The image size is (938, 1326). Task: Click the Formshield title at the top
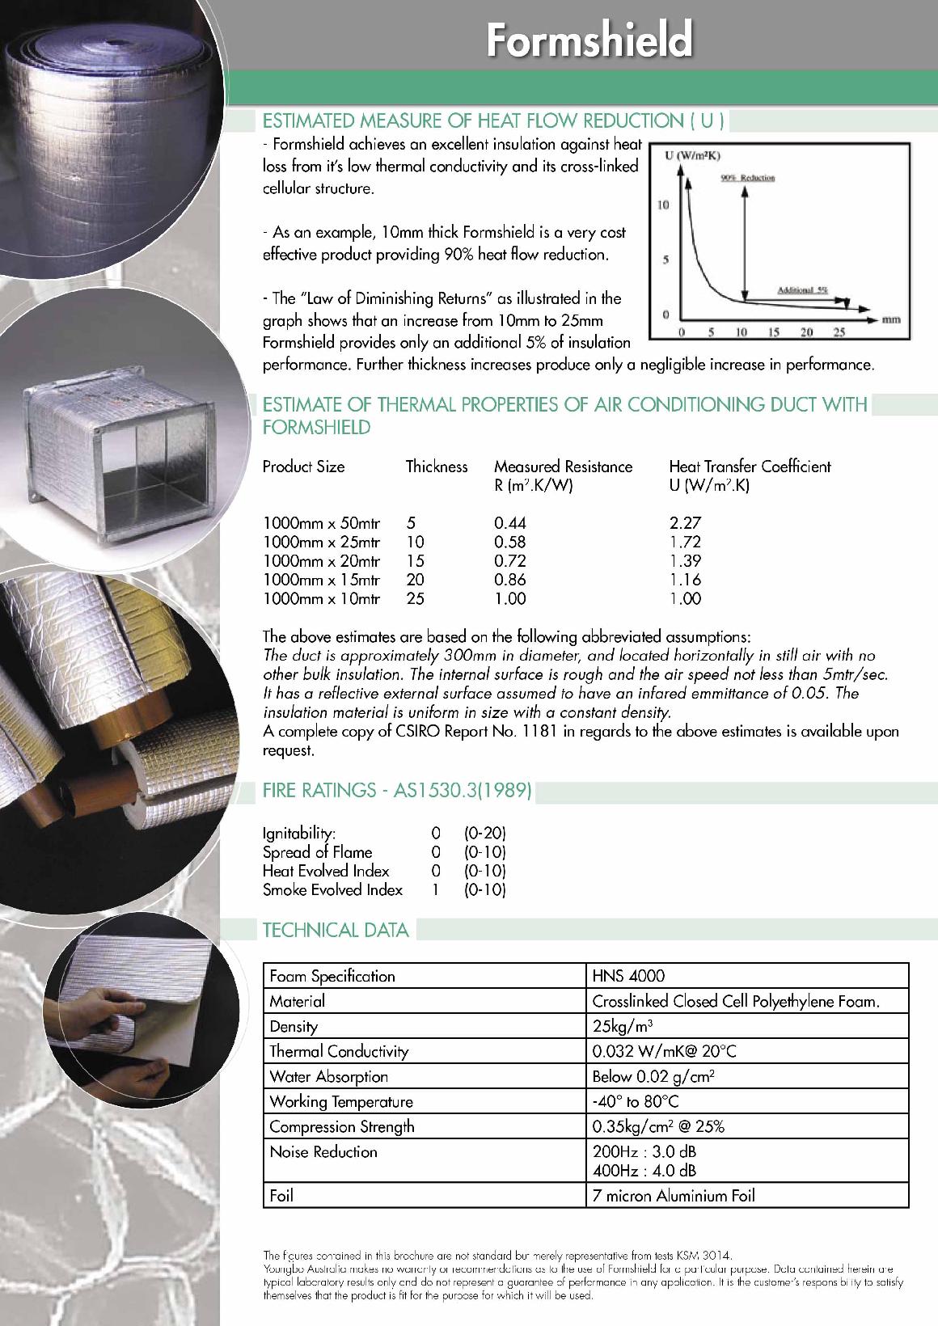589,40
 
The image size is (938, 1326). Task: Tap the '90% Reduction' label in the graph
747,177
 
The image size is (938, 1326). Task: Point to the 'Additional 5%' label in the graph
802,289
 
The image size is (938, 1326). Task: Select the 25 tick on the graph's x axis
839,332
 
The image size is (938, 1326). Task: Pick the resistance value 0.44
510,523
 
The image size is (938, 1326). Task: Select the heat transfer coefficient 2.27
685,523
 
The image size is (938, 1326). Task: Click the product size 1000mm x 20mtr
321,561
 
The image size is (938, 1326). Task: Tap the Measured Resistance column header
563,467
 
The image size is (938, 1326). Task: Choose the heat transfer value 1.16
685,580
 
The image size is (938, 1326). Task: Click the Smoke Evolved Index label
332,890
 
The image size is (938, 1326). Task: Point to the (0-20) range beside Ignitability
484,833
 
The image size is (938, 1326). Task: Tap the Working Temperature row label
340,1101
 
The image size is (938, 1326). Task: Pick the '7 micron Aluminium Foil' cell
674,1195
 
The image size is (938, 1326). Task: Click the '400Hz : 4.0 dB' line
644,1170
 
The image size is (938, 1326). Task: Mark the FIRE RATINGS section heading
397,791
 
